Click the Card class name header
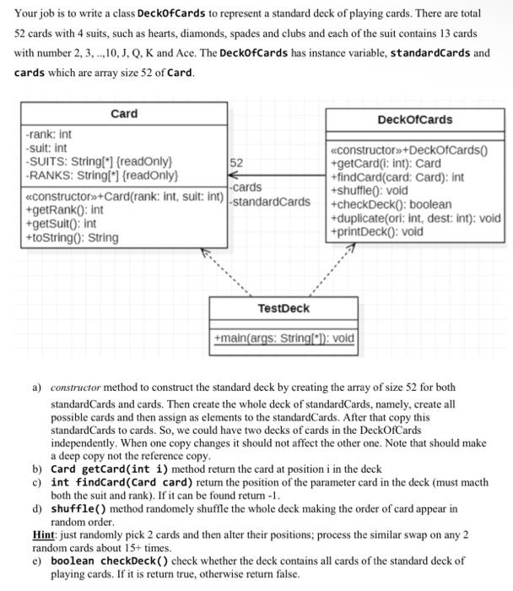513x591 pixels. pos(124,114)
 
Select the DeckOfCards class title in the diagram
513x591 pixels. pos(415,119)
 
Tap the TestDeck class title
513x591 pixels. pos(283,308)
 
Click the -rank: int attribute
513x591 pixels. pos(49,134)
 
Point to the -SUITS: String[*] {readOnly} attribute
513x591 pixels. pos(99,160)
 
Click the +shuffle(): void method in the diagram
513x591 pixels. pos(370,191)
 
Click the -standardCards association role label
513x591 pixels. pos(271,202)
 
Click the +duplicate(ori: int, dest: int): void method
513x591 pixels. pos(416,218)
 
